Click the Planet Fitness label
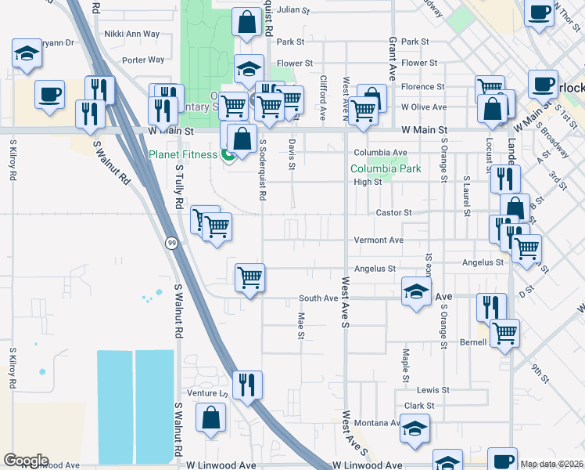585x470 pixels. pyautogui.click(x=183, y=154)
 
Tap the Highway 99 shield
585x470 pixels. pyautogui.click(x=171, y=244)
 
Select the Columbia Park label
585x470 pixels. pyautogui.click(x=386, y=168)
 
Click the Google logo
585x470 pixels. pyautogui.click(x=26, y=461)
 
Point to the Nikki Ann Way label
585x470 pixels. pyautogui.click(x=131, y=34)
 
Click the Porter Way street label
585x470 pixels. pyautogui.click(x=144, y=60)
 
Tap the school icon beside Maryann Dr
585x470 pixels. pyautogui.click(x=27, y=54)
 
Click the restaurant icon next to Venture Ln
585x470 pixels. pyautogui.click(x=247, y=384)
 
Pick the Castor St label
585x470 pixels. pyautogui.click(x=393, y=212)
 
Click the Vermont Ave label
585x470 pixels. pyautogui.click(x=379, y=240)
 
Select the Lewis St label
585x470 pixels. pyautogui.click(x=432, y=389)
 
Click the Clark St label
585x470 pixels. pyautogui.click(x=419, y=406)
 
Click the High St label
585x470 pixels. pyautogui.click(x=367, y=182)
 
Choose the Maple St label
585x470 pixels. pyautogui.click(x=405, y=361)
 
